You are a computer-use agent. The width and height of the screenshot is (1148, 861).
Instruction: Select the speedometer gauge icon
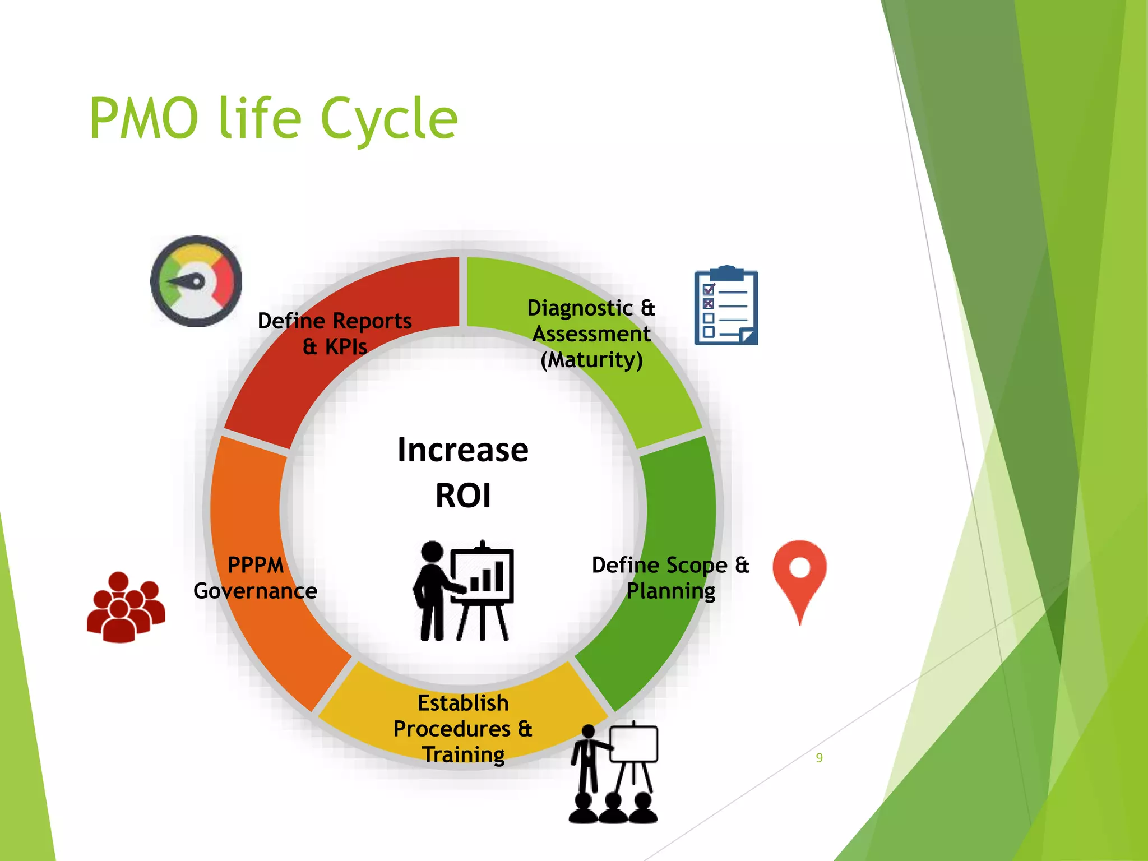tap(196, 281)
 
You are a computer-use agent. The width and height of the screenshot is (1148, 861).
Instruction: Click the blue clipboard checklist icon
tap(726, 306)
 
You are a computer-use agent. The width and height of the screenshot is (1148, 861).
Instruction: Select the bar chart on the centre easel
tap(487, 577)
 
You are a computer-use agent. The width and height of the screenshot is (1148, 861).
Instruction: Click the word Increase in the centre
tap(462, 450)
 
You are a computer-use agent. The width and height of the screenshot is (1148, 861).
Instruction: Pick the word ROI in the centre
tap(463, 496)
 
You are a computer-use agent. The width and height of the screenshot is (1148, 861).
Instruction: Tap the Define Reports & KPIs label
tap(335, 334)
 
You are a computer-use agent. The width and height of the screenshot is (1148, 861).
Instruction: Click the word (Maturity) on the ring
tap(591, 360)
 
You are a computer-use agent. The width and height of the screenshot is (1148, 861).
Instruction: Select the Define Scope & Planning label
tap(670, 578)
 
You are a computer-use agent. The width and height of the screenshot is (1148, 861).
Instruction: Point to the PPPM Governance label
tap(256, 578)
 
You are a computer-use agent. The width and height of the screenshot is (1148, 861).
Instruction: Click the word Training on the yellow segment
tap(463, 754)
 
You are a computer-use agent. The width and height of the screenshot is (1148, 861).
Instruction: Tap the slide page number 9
tap(819, 758)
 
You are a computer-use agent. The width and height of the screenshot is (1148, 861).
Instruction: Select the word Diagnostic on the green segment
tap(580, 308)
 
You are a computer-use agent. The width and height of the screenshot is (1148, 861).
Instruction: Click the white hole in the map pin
tap(800, 568)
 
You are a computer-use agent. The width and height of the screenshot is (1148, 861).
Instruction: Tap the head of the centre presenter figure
tap(432, 552)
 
